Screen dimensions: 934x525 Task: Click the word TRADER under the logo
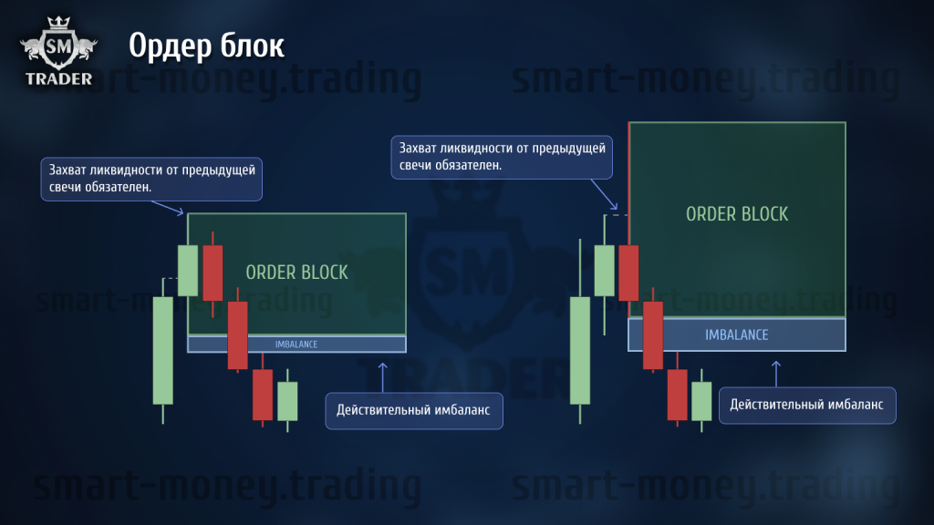(59, 78)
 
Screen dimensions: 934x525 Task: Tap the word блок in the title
(253, 46)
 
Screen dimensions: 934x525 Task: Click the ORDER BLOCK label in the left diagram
(296, 273)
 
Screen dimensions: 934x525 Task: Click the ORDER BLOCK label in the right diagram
(737, 214)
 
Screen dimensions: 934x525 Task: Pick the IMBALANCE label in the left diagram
(296, 344)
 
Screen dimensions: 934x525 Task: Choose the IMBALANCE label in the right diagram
(737, 335)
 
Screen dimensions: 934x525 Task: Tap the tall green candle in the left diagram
(163, 351)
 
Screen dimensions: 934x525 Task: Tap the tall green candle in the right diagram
(580, 351)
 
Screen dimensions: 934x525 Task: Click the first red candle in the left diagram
(213, 273)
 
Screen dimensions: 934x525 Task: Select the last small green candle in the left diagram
(287, 401)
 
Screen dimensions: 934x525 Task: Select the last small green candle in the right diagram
(701, 401)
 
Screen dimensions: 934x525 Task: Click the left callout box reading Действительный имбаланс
(414, 411)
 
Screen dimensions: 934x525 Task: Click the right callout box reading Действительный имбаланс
(807, 406)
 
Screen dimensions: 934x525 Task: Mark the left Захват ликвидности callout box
(151, 179)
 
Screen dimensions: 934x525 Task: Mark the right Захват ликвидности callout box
(502, 157)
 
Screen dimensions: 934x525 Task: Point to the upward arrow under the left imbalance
(383, 377)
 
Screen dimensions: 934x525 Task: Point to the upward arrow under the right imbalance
(776, 374)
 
